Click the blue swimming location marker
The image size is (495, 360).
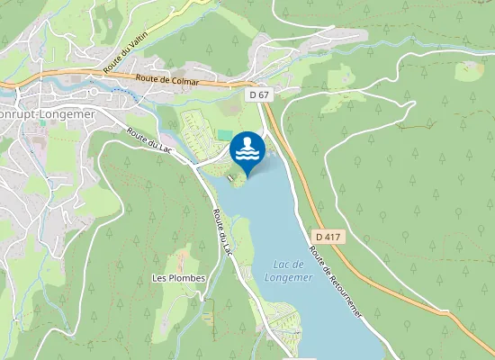click(247, 151)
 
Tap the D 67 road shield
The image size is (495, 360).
click(259, 94)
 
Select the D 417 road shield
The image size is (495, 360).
click(328, 236)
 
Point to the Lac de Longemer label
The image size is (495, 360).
click(289, 270)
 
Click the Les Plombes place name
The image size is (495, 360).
click(179, 278)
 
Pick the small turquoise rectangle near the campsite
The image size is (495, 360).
click(224, 135)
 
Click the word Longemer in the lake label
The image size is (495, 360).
click(288, 277)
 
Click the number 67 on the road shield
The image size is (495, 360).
click(263, 94)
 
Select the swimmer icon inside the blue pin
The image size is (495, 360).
click(247, 148)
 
